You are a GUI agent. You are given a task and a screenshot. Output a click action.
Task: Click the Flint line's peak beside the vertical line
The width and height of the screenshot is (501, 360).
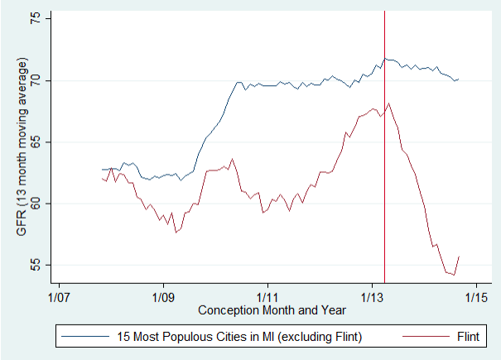[x=389, y=103]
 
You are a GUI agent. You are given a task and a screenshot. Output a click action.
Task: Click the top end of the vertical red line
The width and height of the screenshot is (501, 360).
[x=384, y=11]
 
